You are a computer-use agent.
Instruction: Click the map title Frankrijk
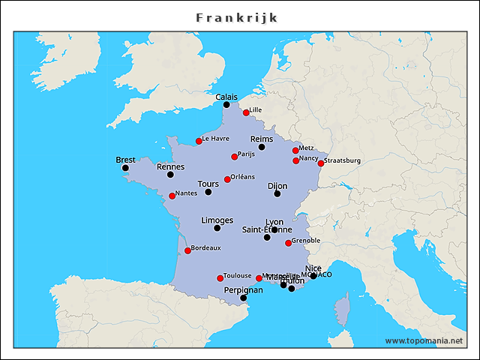coord(237,17)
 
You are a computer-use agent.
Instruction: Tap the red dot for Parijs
coord(235,157)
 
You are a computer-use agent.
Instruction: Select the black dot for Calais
coord(226,105)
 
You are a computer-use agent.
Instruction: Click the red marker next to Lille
coord(246,112)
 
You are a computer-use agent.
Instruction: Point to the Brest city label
coord(125,160)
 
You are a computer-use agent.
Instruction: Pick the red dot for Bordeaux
coord(187,250)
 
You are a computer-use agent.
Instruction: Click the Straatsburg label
coord(343,160)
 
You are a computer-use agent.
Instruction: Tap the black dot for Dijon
coord(277,193)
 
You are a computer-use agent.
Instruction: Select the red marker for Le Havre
coord(199,141)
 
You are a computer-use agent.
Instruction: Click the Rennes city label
coord(170,166)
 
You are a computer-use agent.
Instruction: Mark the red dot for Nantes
coord(172,196)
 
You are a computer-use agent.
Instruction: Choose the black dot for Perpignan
coord(243,298)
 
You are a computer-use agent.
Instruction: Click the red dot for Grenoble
coord(289,243)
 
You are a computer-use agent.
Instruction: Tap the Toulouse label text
coord(238,275)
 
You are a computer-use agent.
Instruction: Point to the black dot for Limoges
coord(217,228)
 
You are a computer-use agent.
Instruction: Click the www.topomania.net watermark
coord(424,340)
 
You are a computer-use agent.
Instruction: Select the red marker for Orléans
coord(227,179)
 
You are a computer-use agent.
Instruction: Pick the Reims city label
coord(262,139)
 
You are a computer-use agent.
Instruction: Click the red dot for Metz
coord(295,150)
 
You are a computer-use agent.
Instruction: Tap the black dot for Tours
coord(208,192)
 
